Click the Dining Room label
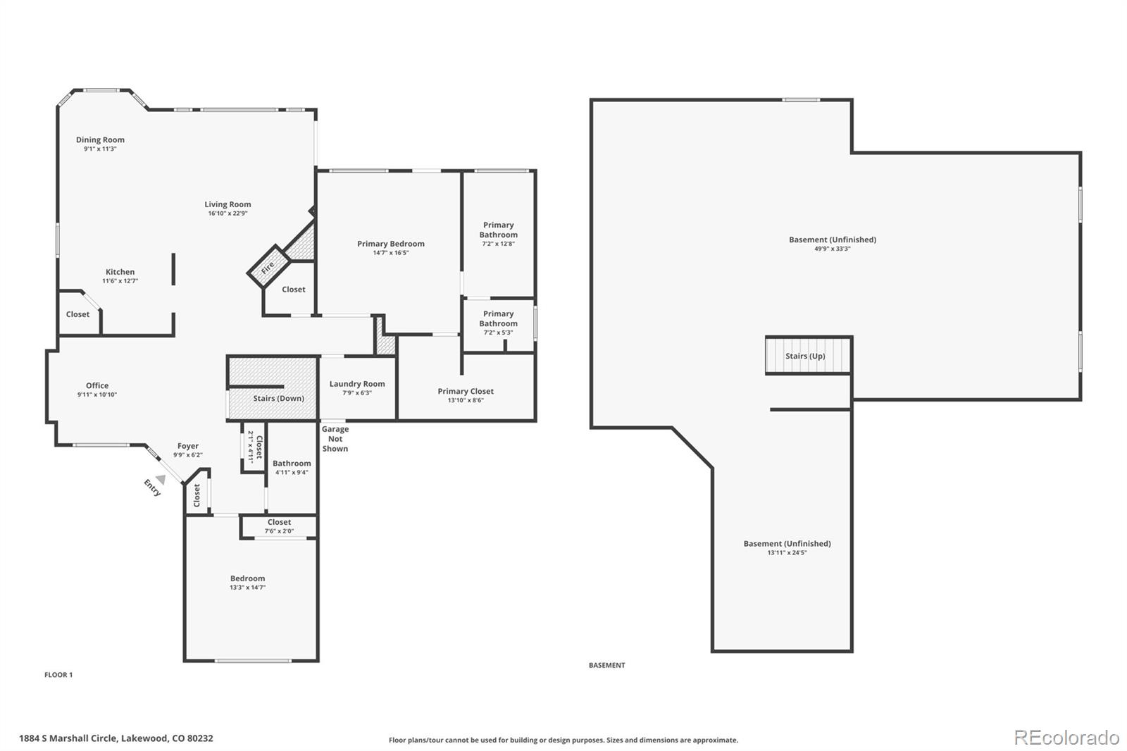[x=100, y=140]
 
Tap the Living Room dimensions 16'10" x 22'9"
[x=228, y=213]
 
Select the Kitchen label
[x=120, y=272]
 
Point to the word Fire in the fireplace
[x=268, y=267]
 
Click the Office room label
[x=97, y=385]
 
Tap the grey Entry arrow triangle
[x=161, y=479]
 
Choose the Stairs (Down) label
[x=279, y=398]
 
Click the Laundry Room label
[x=357, y=383]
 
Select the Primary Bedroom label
[x=391, y=244]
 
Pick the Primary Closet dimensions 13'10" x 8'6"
[x=466, y=401]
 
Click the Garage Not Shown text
[x=335, y=439]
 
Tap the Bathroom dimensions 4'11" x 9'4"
[x=292, y=473]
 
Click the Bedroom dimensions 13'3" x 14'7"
[x=247, y=588]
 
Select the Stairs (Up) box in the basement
[x=809, y=355]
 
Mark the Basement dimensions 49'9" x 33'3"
[x=833, y=249]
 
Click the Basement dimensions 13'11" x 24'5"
[x=787, y=552]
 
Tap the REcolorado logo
[x=1066, y=738]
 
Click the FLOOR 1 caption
[x=58, y=675]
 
